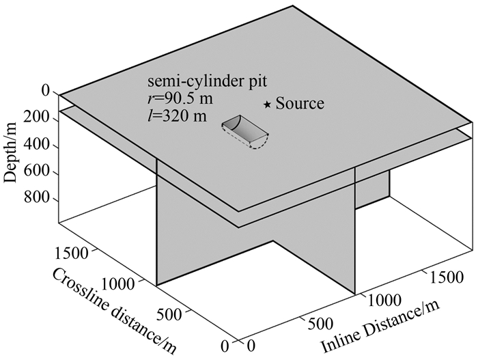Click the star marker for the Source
(x=268, y=105)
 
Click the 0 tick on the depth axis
(x=46, y=91)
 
